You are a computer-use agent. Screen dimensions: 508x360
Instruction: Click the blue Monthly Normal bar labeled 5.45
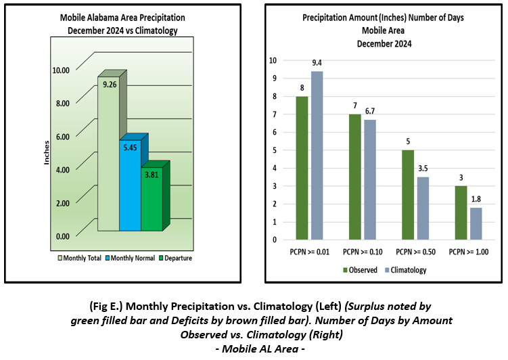pyautogui.click(x=131, y=185)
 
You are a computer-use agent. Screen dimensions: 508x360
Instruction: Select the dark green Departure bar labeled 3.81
pyautogui.click(x=152, y=199)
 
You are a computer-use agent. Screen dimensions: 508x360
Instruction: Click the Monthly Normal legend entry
pyautogui.click(x=131, y=258)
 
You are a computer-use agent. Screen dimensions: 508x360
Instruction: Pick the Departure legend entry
pyautogui.click(x=175, y=258)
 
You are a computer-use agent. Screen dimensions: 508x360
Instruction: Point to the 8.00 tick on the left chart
pyautogui.click(x=63, y=104)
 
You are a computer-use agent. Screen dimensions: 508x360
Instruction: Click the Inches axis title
pyautogui.click(x=47, y=153)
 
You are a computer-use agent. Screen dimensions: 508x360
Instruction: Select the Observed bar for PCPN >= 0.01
pyautogui.click(x=302, y=168)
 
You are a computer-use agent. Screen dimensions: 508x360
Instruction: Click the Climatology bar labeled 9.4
pyautogui.click(x=317, y=156)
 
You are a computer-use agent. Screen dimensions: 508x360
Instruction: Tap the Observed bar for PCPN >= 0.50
pyautogui.click(x=408, y=195)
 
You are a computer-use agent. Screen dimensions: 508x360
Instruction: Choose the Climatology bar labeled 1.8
pyautogui.click(x=476, y=223)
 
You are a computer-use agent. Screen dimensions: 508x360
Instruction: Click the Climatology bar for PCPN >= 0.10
pyautogui.click(x=370, y=180)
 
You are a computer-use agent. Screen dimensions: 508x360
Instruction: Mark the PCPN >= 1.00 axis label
pyautogui.click(x=469, y=252)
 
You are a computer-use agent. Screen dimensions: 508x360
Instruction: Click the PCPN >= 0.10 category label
pyautogui.click(x=363, y=252)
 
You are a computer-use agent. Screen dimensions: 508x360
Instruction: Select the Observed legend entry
pyautogui.click(x=360, y=270)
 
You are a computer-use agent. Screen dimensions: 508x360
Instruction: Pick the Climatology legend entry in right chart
pyautogui.click(x=406, y=270)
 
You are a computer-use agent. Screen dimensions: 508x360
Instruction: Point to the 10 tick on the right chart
pyautogui.click(x=273, y=60)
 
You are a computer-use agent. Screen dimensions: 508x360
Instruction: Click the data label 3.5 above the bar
pyautogui.click(x=423, y=168)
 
